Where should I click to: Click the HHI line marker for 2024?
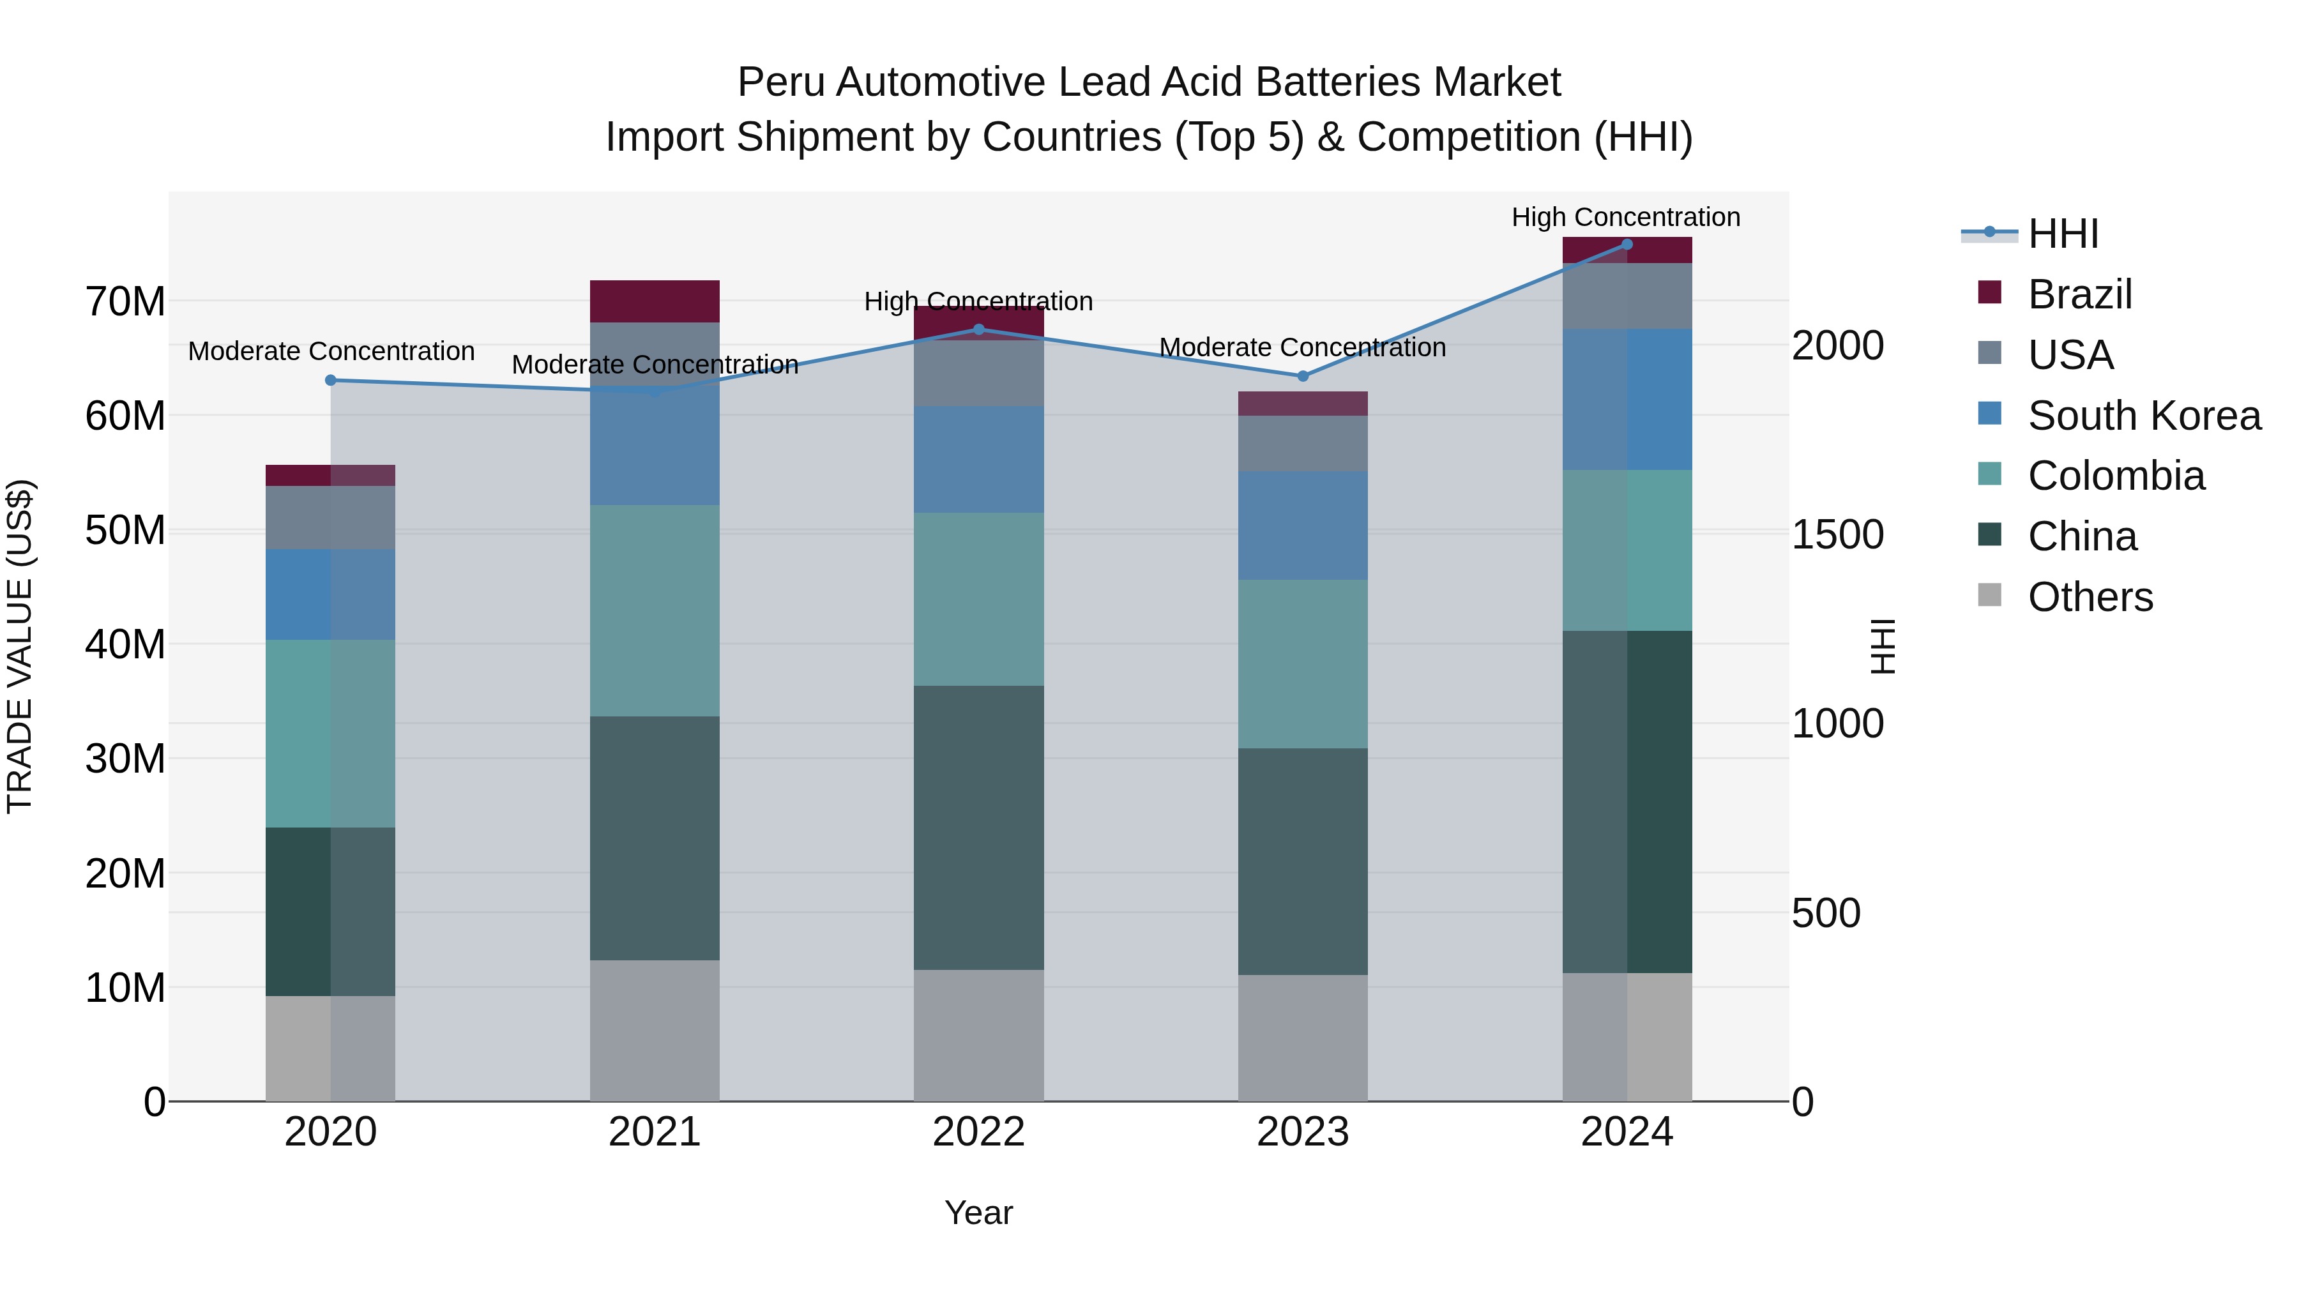pos(1626,245)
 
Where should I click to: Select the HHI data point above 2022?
pos(978,329)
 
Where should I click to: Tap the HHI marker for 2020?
pos(330,380)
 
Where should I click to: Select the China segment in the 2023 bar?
pos(1302,861)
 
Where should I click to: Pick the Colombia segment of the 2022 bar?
pos(978,599)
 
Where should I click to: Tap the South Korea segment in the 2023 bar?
pos(1302,526)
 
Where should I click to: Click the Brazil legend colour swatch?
pos(1989,292)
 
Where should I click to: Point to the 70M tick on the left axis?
pos(125,301)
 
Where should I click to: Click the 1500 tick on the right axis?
pos(1837,534)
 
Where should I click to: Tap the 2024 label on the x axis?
pos(1626,1132)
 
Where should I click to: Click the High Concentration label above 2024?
pos(1625,217)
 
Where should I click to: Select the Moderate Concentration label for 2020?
pos(331,352)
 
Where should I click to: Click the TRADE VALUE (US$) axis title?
pos(20,646)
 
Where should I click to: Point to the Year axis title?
pos(978,1213)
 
